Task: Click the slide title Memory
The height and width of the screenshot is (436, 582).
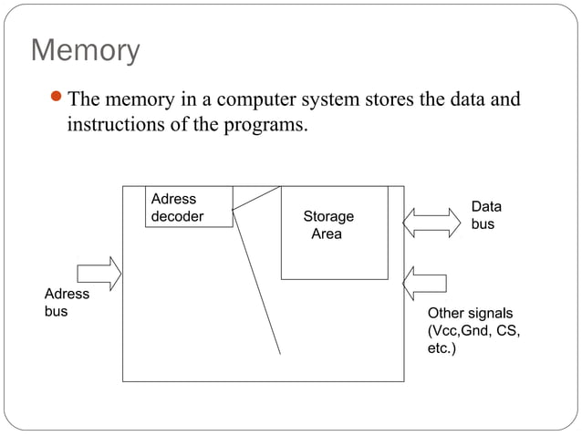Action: point(85,50)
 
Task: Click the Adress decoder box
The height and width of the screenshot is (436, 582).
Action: point(189,207)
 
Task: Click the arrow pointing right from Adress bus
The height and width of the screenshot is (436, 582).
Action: point(99,273)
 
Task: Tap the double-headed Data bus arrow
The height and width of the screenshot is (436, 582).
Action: point(431,223)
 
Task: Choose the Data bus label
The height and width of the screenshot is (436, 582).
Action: point(485,215)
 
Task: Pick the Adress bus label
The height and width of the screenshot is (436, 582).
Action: point(67,303)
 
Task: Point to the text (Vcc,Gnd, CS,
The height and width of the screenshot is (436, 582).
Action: point(473,330)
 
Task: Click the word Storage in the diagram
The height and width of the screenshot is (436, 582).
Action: point(328,217)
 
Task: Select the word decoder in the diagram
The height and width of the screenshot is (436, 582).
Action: point(177,216)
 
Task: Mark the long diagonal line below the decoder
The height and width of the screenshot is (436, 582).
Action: point(256,283)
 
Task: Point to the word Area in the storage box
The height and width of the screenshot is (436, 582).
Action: point(327,234)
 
